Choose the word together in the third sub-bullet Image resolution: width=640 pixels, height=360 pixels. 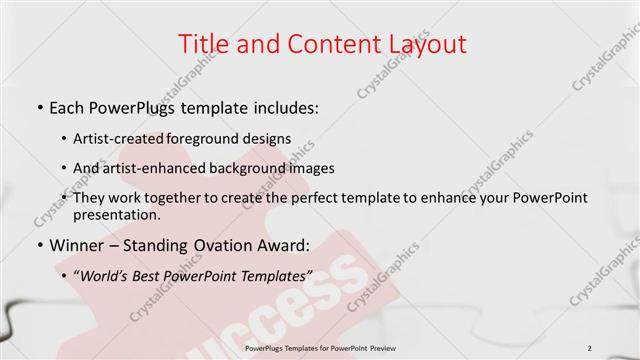[185, 198]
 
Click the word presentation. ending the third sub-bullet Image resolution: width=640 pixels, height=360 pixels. [116, 214]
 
